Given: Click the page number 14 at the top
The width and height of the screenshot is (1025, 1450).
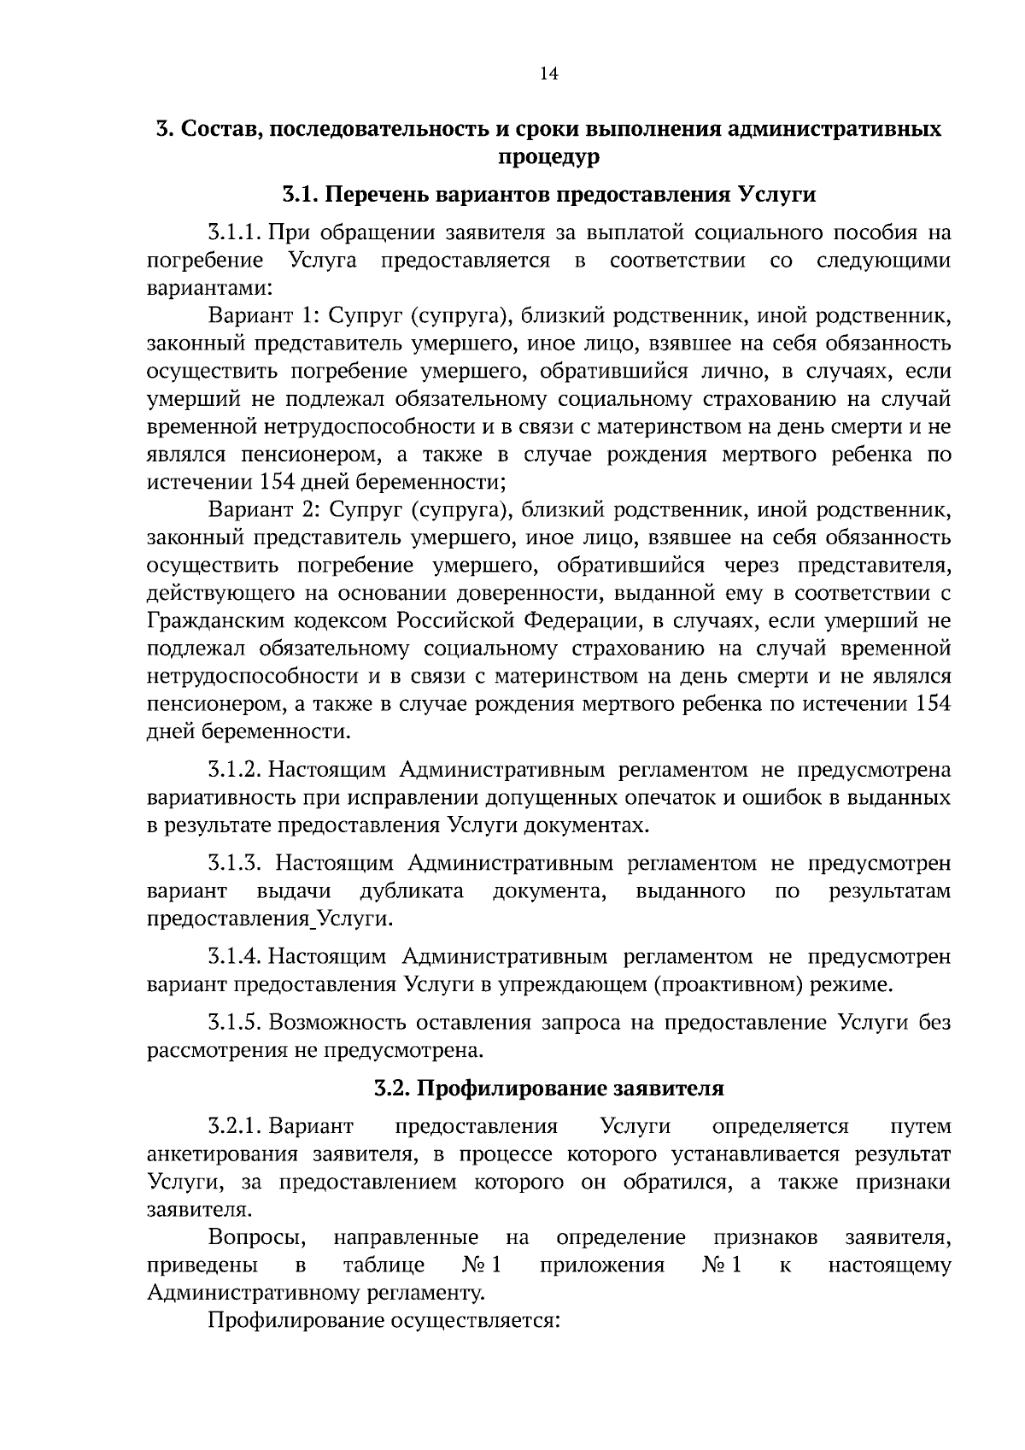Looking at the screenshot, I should coord(548,73).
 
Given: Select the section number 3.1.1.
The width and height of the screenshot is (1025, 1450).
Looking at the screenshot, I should coord(234,233).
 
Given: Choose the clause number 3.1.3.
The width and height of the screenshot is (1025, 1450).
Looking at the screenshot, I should coord(236,864).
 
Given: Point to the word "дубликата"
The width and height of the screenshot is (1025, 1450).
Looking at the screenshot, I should coord(412,892).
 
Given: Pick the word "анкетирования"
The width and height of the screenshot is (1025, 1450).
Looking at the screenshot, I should coord(222,1154).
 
